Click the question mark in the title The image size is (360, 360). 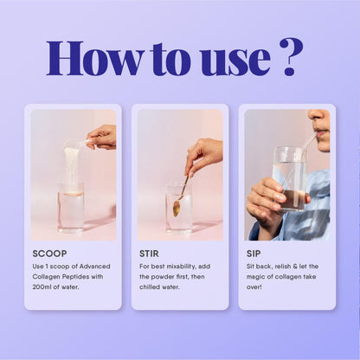point(292,57)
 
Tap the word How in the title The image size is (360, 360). point(93,58)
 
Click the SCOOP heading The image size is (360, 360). point(49,254)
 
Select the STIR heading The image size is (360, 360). point(149,254)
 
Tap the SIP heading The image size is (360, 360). point(254,254)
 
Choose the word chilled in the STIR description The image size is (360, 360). point(149,287)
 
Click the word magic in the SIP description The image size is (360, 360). point(254,277)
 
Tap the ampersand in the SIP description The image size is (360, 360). point(295,267)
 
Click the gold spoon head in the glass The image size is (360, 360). point(177,207)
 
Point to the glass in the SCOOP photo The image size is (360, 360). point(71,207)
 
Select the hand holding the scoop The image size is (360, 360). point(101,138)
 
